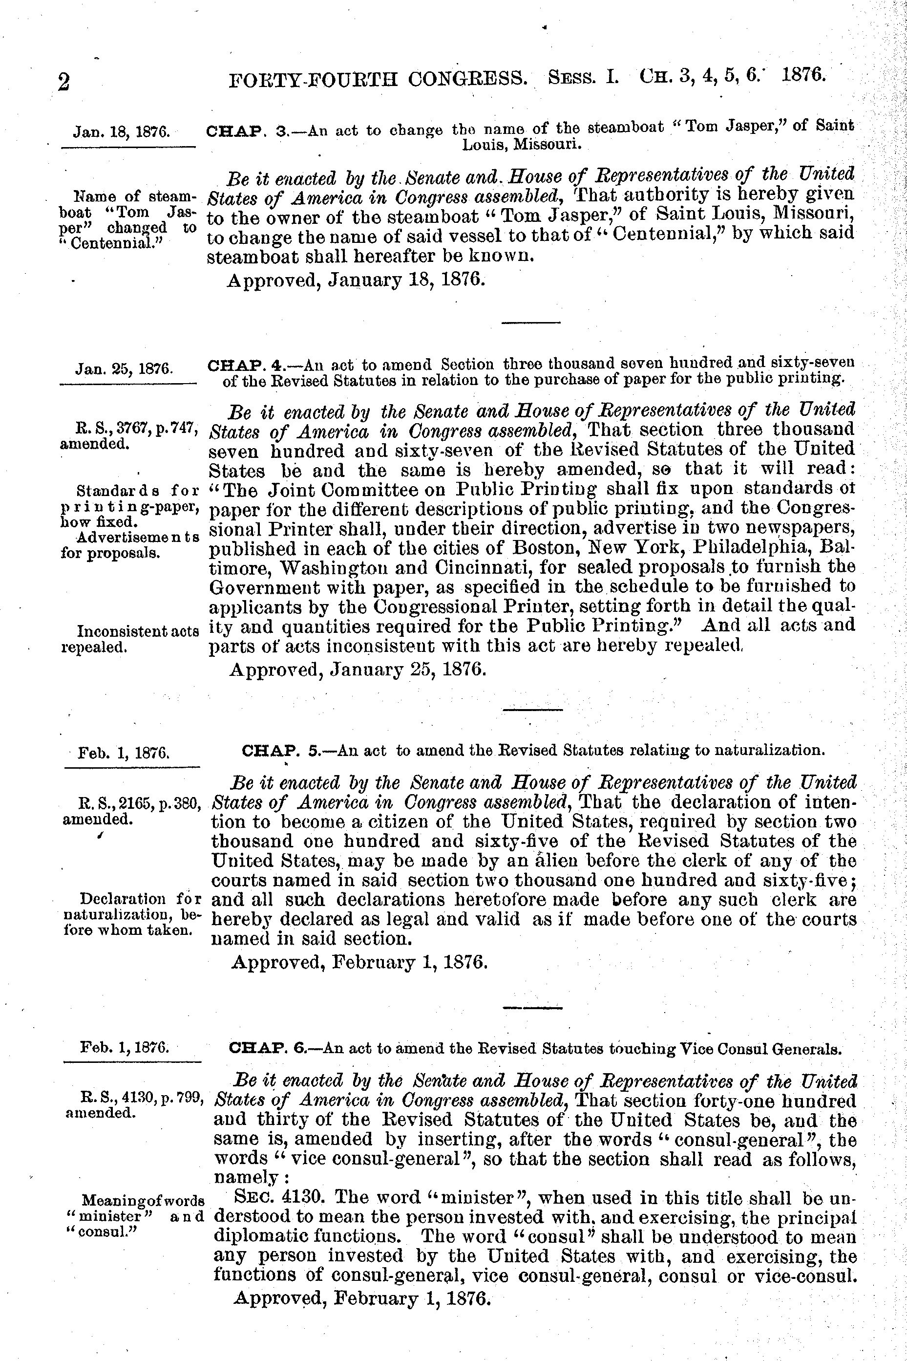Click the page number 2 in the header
click(x=63, y=83)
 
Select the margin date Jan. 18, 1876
click(x=122, y=131)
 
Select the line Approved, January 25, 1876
click(x=358, y=670)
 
